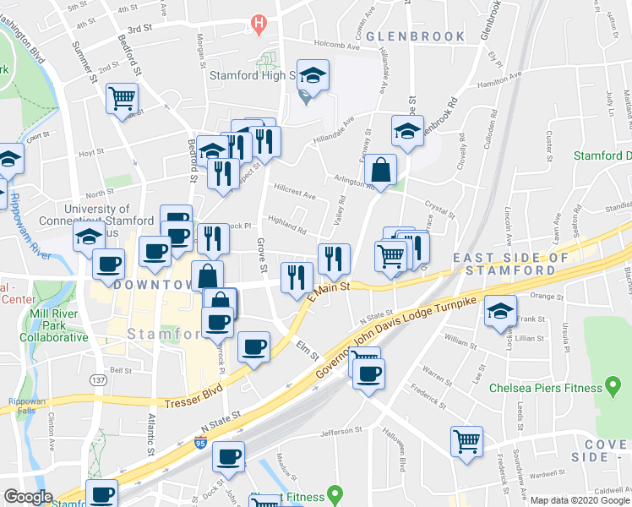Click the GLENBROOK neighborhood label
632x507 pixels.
click(x=416, y=36)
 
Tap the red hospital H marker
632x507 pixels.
click(x=259, y=25)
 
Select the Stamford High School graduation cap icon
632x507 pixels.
click(x=312, y=78)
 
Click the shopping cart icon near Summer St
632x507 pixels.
click(x=123, y=98)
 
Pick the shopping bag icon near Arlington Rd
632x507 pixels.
click(x=383, y=168)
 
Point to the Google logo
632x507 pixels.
click(x=29, y=497)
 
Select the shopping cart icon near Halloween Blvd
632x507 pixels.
click(x=466, y=441)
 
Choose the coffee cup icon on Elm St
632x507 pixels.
click(x=253, y=346)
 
